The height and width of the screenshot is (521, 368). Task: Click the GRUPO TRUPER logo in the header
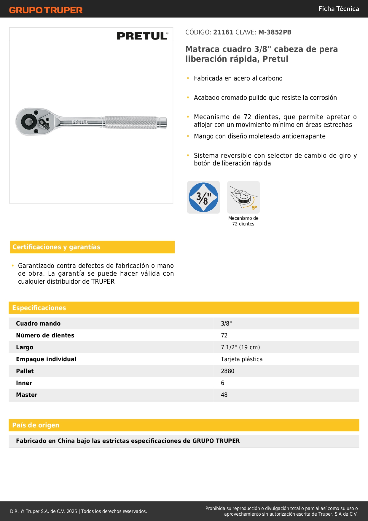[x=46, y=10]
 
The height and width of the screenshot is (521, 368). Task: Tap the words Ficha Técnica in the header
[x=338, y=9]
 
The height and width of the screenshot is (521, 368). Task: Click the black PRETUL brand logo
[x=142, y=36]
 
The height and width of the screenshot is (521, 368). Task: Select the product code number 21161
[x=223, y=32]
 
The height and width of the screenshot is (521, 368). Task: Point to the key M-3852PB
[x=275, y=32]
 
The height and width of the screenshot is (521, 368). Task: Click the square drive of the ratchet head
[x=29, y=121]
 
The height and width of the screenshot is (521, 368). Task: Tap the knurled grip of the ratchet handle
[x=130, y=122]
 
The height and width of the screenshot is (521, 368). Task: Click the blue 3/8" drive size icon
[x=203, y=197]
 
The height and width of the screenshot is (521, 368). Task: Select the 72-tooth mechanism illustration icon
[x=243, y=197]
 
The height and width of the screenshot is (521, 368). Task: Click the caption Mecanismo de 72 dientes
[x=243, y=221]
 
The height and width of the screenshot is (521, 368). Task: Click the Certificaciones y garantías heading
[x=56, y=247]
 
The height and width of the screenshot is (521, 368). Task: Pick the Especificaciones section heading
[x=39, y=308]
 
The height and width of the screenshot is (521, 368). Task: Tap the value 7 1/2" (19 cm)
[x=240, y=347]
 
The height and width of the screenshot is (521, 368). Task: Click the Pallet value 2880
[x=227, y=371]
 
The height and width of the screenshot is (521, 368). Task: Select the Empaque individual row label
[x=46, y=359]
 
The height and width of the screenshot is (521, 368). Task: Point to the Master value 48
[x=224, y=395]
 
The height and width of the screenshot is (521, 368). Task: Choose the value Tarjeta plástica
[x=242, y=359]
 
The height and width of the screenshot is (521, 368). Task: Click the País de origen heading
[x=36, y=425]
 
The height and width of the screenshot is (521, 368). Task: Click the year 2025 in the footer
[x=72, y=511]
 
